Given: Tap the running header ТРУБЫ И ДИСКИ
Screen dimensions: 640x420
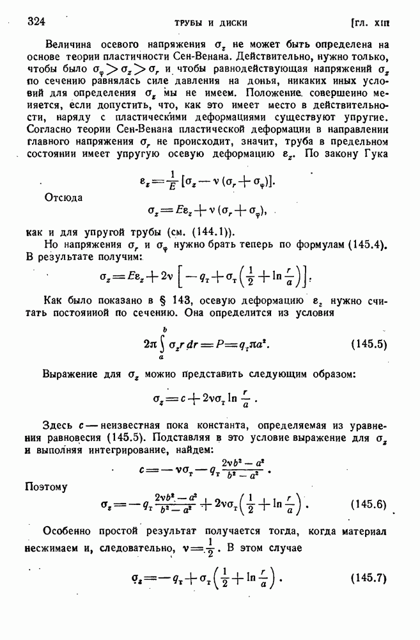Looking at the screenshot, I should pyautogui.click(x=211, y=23).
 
